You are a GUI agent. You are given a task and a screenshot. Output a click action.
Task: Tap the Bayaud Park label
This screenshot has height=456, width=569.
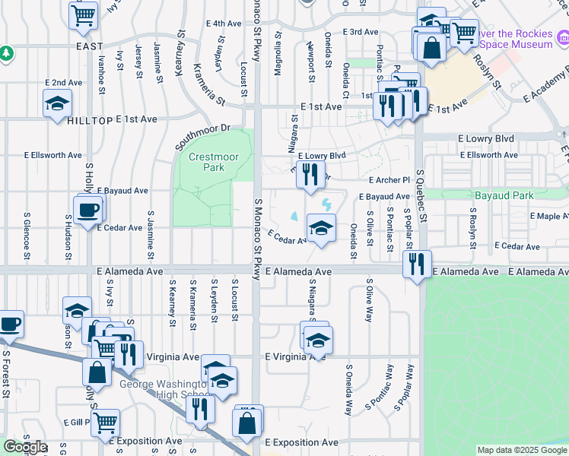(504, 195)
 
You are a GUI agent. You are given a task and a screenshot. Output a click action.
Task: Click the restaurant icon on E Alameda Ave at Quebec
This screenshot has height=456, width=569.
(416, 264)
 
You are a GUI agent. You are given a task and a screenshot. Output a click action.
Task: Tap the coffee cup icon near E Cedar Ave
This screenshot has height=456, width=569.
(87, 208)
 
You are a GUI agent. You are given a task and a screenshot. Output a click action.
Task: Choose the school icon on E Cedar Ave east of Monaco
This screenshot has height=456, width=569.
(321, 227)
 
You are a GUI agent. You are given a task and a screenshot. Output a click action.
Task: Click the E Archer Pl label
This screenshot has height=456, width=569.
(389, 180)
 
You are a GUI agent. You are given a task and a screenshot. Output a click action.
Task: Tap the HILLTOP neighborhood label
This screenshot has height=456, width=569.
(90, 121)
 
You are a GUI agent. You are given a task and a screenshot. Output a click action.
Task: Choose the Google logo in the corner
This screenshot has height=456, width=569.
(24, 447)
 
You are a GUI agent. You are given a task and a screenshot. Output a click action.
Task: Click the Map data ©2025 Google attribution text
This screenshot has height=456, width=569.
(522, 450)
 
